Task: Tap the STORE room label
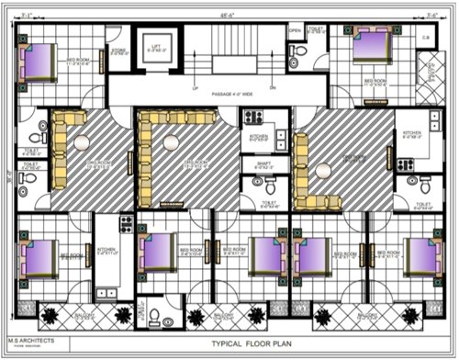pos(118,51)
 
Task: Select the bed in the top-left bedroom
pos(39,62)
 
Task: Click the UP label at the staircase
pos(195,88)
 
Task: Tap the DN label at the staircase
pos(247,88)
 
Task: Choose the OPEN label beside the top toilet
pos(295,30)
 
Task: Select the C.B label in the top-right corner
pos(427,37)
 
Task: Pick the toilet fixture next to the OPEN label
pos(294,58)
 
